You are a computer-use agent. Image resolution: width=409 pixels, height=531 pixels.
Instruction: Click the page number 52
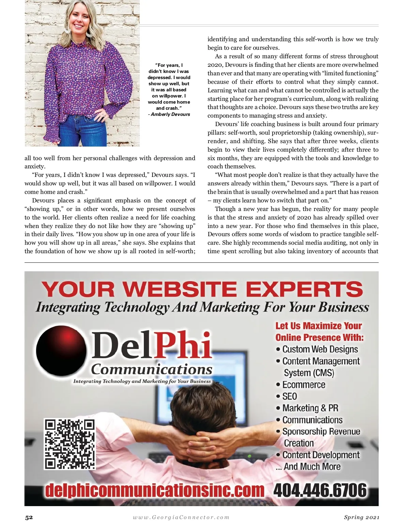coord(29,517)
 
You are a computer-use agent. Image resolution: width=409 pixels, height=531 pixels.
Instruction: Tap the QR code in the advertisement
coord(70,444)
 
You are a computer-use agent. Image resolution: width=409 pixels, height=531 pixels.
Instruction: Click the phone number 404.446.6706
coord(320,490)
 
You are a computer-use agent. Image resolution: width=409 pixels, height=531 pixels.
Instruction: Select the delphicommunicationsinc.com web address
coord(155,490)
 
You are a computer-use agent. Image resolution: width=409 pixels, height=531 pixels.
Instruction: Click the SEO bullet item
coord(289,396)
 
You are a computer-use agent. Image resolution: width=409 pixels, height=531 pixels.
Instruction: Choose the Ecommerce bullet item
coord(303,385)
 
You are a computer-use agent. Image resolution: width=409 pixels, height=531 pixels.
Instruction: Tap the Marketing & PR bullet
coord(310,408)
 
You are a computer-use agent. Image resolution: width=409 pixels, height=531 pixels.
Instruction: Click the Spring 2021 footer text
coord(361,517)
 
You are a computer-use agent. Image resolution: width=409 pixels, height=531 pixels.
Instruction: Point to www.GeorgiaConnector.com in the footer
coord(181,517)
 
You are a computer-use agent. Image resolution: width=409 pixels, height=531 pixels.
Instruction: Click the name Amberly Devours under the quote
coord(170,115)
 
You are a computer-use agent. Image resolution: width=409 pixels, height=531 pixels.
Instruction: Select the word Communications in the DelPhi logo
coord(152,369)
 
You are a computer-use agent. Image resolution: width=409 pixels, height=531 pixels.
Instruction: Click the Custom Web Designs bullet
coord(320,349)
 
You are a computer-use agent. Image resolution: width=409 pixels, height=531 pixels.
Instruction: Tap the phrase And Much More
coord(312,467)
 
